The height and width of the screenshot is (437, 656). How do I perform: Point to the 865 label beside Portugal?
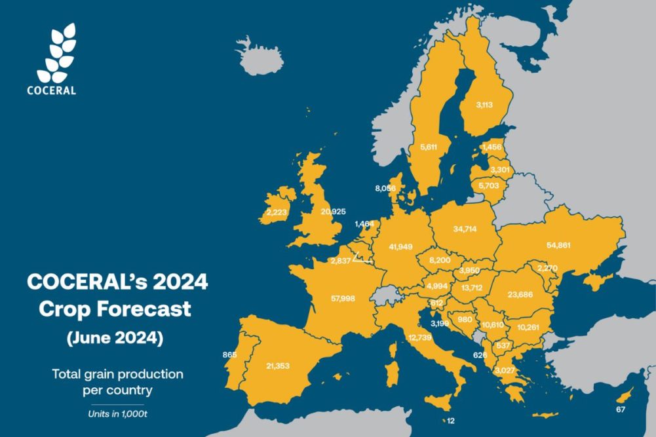tap(229, 354)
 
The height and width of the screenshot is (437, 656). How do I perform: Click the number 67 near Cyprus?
tap(621, 410)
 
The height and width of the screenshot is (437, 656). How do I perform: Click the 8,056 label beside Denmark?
tap(386, 188)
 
